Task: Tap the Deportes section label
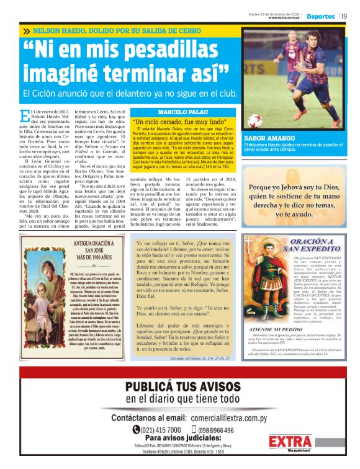(x=321, y=16)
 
